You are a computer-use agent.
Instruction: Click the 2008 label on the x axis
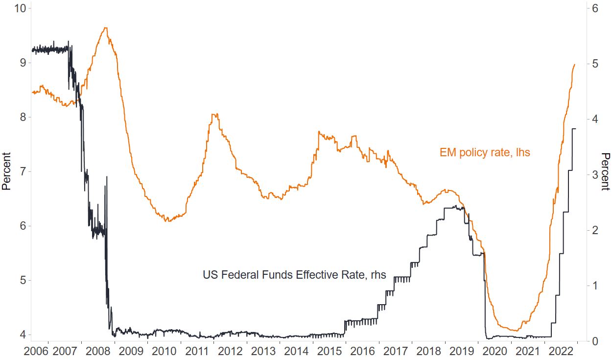point(98,352)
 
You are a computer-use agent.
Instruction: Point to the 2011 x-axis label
point(197,352)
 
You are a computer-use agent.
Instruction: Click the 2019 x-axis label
point(462,352)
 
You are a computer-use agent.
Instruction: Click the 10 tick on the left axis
point(18,8)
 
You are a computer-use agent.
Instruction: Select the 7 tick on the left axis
point(21,171)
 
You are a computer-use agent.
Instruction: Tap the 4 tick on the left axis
point(21,335)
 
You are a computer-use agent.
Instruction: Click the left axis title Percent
point(6,171)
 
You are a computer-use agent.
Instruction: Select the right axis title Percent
point(606,171)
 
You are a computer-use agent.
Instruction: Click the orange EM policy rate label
point(484,153)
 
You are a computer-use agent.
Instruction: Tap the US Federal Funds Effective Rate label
point(294,275)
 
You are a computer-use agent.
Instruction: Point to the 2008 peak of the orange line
point(106,28)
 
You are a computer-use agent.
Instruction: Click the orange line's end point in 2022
point(574,64)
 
